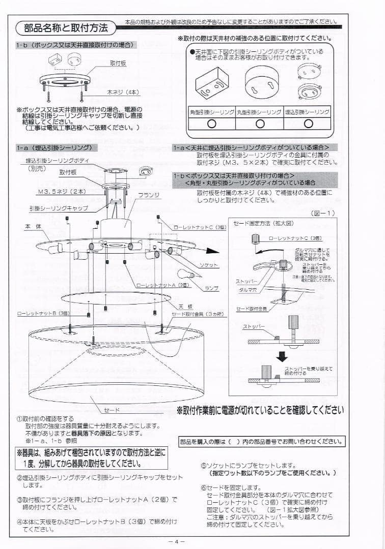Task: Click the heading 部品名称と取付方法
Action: (x=66, y=27)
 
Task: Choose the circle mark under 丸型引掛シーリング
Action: (x=259, y=123)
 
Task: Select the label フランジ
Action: (x=149, y=195)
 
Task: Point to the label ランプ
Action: (x=211, y=288)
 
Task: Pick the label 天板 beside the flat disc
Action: (x=184, y=307)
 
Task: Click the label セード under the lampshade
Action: (x=112, y=409)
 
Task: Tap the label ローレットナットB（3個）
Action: (x=43, y=314)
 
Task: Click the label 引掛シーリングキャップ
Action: (x=59, y=208)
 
